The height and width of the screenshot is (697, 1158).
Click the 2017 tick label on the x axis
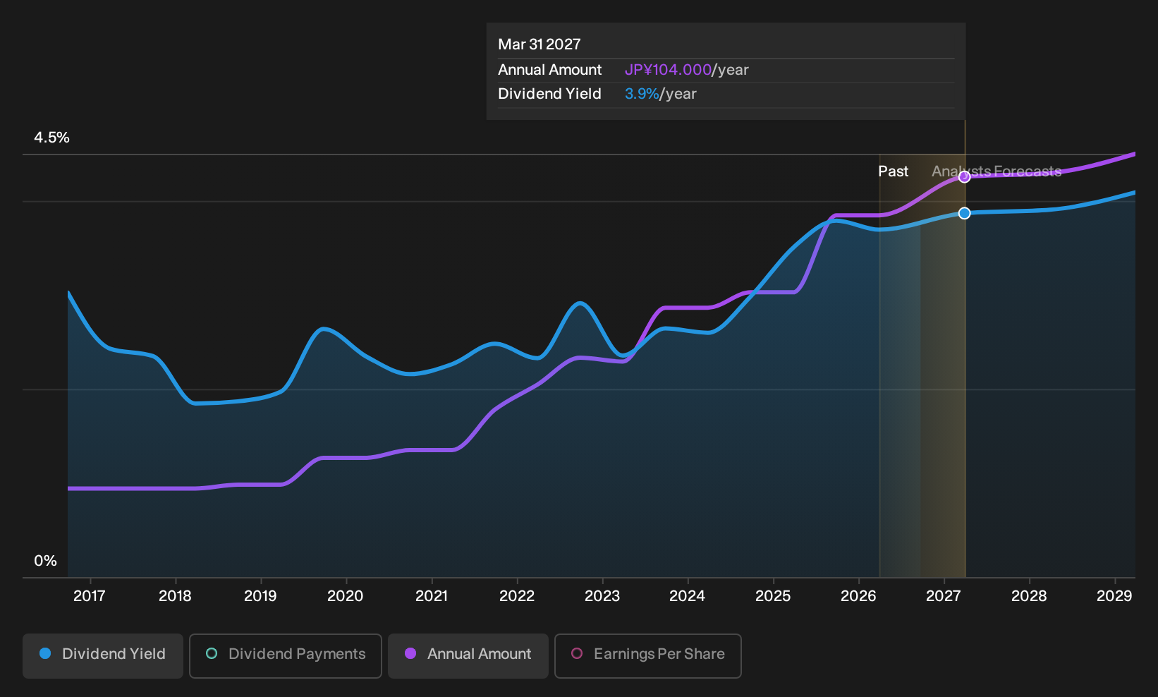(90, 596)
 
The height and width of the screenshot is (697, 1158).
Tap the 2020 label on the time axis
(346, 596)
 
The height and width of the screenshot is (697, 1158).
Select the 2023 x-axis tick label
(602, 596)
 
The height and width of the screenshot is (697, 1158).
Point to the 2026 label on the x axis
(858, 596)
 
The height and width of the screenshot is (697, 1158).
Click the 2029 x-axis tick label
(1114, 596)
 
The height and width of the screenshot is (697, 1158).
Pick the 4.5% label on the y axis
(51, 138)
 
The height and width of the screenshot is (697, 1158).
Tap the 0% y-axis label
(46, 561)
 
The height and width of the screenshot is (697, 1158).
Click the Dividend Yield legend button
(103, 655)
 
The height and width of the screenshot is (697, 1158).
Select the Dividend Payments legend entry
(286, 655)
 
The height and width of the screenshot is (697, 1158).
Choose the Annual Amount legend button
(468, 655)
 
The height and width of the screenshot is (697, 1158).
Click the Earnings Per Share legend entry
(647, 655)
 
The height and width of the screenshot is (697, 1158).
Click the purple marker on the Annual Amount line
(964, 177)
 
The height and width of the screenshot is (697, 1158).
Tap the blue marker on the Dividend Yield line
(964, 213)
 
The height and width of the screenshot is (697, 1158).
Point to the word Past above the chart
(894, 171)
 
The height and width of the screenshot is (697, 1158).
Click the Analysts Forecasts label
(997, 171)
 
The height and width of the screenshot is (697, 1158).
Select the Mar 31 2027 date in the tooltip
(540, 44)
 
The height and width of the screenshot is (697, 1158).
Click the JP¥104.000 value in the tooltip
(668, 70)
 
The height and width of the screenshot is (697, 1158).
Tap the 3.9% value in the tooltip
(642, 94)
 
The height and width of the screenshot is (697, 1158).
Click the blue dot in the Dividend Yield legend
(46, 653)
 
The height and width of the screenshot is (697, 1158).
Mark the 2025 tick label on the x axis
(773, 596)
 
